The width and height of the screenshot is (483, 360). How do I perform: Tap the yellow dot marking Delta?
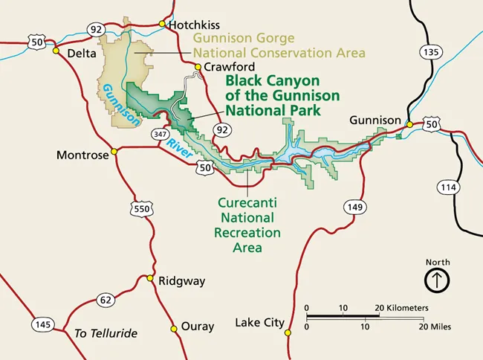point(55,51)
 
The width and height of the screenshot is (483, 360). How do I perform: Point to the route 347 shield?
point(160,135)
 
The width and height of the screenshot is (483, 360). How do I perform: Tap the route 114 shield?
point(448,187)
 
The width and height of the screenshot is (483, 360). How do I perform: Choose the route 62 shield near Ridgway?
point(106,300)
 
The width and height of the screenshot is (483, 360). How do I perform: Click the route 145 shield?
point(42,325)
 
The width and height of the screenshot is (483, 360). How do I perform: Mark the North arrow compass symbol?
point(437,280)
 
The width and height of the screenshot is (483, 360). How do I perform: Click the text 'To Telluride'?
point(106,332)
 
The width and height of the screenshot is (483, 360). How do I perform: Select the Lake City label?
point(259,323)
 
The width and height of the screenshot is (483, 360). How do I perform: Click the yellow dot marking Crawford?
point(198,68)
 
